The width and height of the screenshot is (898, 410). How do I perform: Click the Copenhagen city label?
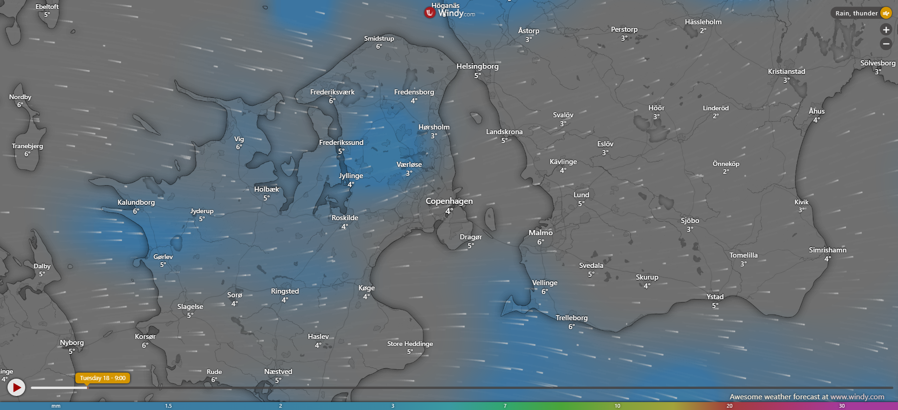[x=449, y=201]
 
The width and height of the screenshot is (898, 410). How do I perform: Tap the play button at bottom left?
[x=16, y=387]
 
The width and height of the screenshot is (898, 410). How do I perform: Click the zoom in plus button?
[x=886, y=30]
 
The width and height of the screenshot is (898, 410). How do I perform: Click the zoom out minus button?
[x=886, y=44]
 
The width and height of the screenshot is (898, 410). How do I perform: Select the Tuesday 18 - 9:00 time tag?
[x=102, y=378]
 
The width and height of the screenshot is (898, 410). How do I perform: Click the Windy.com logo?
[x=449, y=13]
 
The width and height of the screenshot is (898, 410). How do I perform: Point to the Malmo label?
[x=541, y=233]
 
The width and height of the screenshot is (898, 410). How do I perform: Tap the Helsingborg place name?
[x=478, y=66]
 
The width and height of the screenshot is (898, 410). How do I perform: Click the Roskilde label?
[x=345, y=218]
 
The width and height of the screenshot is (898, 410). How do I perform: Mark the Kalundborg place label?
[x=136, y=202]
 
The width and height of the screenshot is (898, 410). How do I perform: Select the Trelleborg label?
[x=572, y=318]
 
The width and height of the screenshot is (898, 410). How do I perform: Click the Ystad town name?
[x=715, y=297]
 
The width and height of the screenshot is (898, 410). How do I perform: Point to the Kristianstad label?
[x=787, y=72]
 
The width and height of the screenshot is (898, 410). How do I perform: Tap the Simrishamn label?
[x=827, y=250]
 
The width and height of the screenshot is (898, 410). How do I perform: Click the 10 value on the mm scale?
[x=617, y=406]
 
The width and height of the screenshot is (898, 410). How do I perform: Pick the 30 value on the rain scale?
[x=842, y=406]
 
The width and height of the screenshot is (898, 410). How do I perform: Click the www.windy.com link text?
[x=857, y=397]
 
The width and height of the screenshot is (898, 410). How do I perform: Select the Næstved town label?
[x=278, y=372]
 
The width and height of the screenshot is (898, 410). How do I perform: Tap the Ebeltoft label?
[x=47, y=7]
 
